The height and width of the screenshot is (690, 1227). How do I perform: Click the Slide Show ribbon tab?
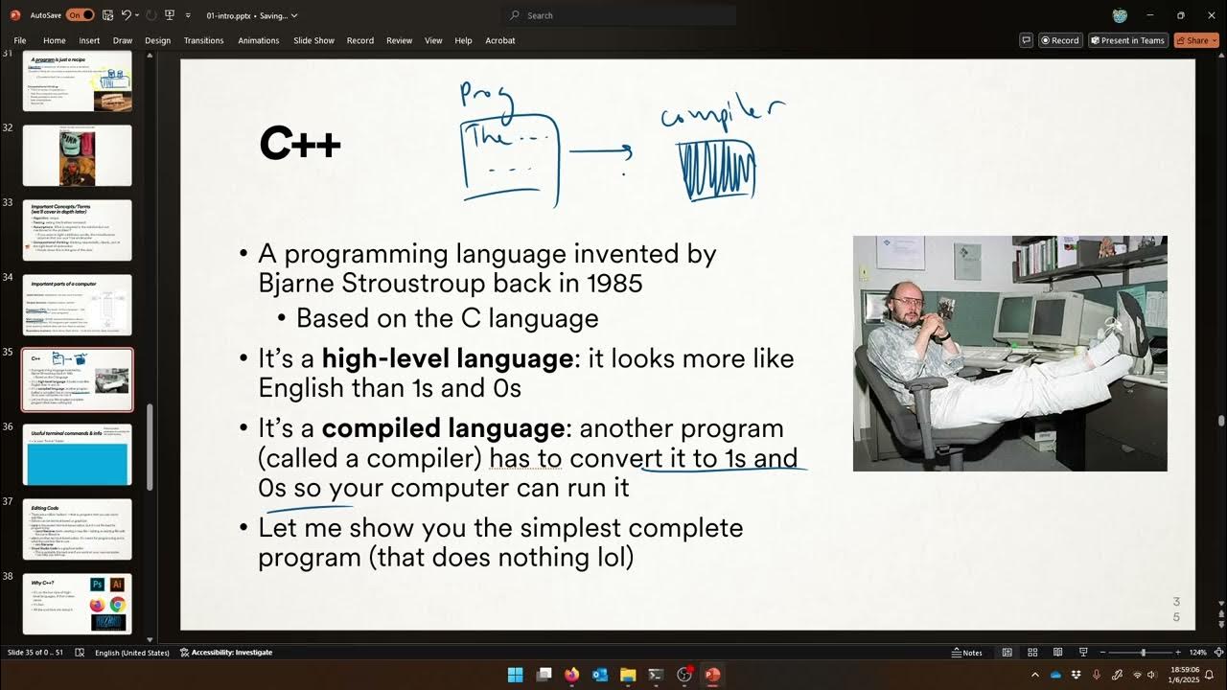313,40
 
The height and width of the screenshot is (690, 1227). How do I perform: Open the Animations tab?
258,40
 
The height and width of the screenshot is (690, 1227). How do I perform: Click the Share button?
1196,40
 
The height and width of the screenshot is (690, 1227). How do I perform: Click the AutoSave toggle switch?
81,15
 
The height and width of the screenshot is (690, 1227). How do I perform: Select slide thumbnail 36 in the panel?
78,454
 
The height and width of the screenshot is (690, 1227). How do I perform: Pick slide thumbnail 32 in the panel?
78,155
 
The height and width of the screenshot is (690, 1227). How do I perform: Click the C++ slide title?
300,145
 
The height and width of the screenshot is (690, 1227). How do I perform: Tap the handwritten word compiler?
722,113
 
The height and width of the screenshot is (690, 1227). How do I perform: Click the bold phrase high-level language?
448,358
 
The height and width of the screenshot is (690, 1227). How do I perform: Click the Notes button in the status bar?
966,653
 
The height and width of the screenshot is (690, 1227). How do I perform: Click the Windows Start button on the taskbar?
516,675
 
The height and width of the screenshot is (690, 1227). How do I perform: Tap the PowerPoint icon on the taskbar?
712,675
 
